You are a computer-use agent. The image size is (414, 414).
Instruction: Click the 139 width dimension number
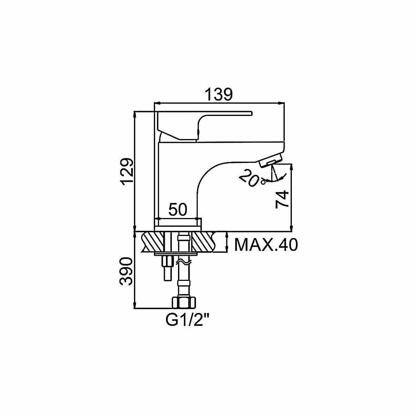pos(219,95)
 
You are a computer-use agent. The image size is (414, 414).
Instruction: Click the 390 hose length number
pos(126,272)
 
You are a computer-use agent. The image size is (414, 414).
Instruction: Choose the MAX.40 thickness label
pos(265,245)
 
